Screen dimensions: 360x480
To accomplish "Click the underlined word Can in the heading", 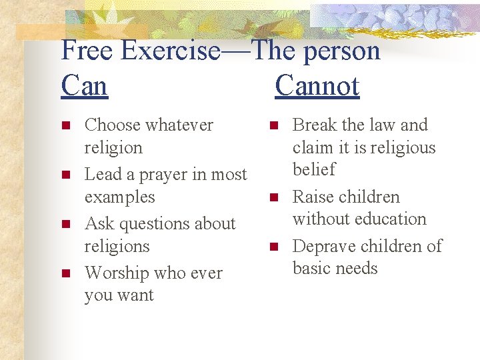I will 84,86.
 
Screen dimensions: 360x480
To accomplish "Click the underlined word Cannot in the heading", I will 317,86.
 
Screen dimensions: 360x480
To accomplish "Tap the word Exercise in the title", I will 171,51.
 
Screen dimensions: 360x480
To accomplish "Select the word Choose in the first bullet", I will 112,125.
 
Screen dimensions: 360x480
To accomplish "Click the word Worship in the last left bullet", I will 117,273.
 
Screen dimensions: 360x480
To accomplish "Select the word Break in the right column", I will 315,125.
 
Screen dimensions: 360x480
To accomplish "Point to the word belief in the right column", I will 314,169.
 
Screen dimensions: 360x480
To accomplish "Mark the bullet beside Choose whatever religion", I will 65,125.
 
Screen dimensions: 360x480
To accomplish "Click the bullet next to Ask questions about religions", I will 65,224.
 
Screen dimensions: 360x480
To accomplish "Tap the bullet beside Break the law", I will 273,125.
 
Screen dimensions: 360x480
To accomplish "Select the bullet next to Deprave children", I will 273,247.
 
